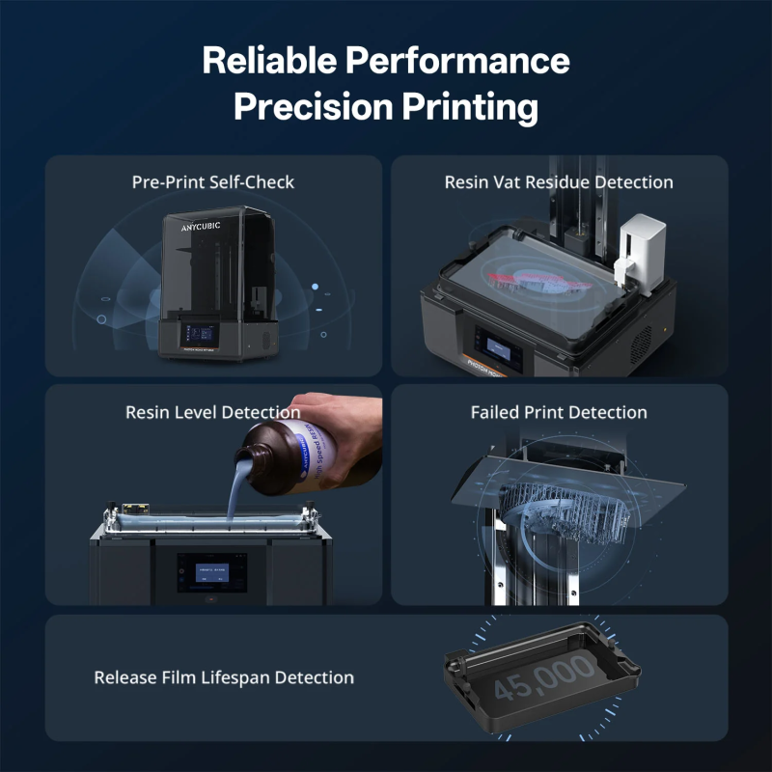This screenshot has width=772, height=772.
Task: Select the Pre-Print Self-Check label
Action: click(x=213, y=181)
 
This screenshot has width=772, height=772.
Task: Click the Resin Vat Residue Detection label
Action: click(x=559, y=181)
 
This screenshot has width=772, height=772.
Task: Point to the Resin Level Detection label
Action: click(x=213, y=412)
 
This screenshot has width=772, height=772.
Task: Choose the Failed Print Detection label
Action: click(x=559, y=412)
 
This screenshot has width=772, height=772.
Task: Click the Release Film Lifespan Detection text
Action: click(x=224, y=677)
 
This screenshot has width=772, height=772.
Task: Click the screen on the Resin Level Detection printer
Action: click(x=211, y=572)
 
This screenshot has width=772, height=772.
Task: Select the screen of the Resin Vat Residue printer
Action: click(x=500, y=351)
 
